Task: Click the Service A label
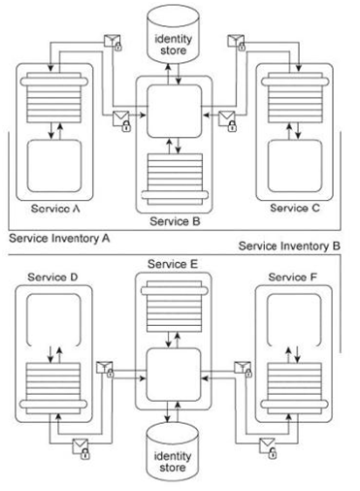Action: point(55,209)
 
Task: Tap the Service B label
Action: point(175,221)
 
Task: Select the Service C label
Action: point(295,208)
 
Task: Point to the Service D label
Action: point(52,278)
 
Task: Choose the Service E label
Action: point(173,264)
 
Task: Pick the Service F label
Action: point(293,278)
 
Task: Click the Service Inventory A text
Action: point(59,239)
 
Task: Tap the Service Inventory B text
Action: point(289,246)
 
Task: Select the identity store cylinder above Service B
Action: point(173,33)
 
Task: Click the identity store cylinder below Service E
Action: point(173,451)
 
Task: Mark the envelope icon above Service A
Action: point(113,43)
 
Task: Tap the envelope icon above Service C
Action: point(237,43)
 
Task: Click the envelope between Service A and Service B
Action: point(122,121)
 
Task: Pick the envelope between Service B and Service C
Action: point(228,121)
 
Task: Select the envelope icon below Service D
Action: point(81,448)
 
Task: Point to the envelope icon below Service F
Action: point(269,448)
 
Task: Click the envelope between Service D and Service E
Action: point(106,370)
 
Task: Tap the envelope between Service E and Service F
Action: point(244,369)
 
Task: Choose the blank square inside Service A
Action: point(54,166)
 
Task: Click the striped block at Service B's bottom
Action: point(175,180)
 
